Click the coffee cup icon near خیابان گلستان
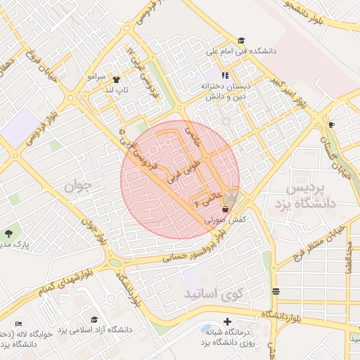(332, 124)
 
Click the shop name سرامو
(96, 75)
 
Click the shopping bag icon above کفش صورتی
(225, 209)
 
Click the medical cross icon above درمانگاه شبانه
(226, 321)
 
